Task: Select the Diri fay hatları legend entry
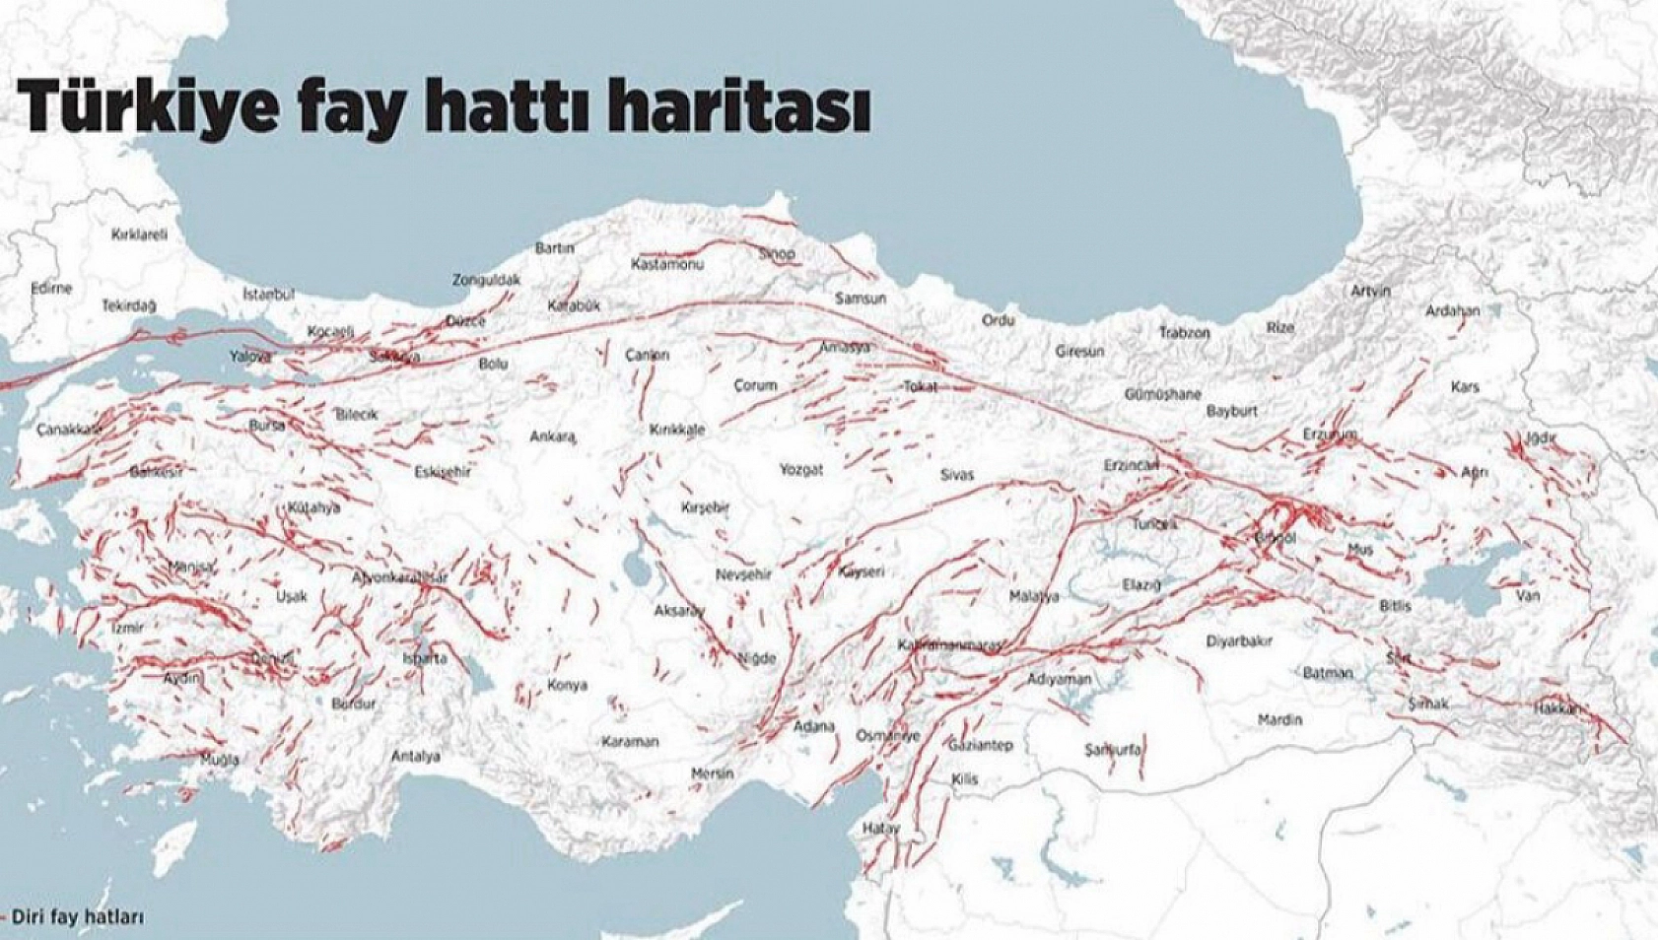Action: coord(77,916)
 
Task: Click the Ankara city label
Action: coord(552,436)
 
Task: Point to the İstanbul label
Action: coord(268,294)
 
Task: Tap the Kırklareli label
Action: coord(139,235)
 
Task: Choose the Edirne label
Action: coord(51,288)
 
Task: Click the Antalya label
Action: coord(415,757)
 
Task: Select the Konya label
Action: coord(567,685)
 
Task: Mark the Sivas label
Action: coord(956,475)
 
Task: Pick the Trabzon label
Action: coord(1183,333)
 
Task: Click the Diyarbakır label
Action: coord(1238,641)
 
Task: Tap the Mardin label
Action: coord(1279,720)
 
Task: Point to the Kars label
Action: coord(1465,387)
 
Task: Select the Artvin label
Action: coord(1370,291)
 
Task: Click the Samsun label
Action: coord(860,298)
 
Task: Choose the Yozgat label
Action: coord(800,470)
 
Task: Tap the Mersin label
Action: coord(712,774)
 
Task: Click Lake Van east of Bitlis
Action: coord(1469,581)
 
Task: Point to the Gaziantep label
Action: coord(980,746)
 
